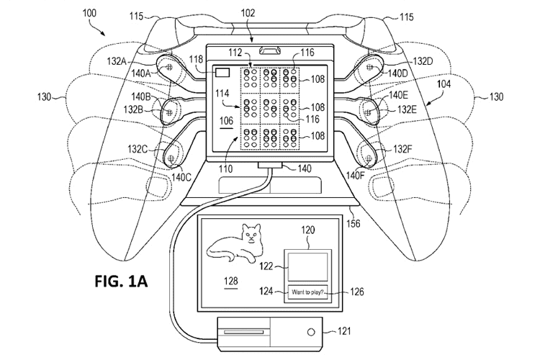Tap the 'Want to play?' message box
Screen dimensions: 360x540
pos(307,293)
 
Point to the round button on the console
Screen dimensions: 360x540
pos(312,333)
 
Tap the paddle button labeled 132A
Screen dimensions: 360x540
pos(168,68)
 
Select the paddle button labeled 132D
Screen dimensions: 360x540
pos(370,66)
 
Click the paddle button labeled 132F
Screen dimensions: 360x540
pos(367,152)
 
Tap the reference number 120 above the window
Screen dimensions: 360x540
pos(308,230)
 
